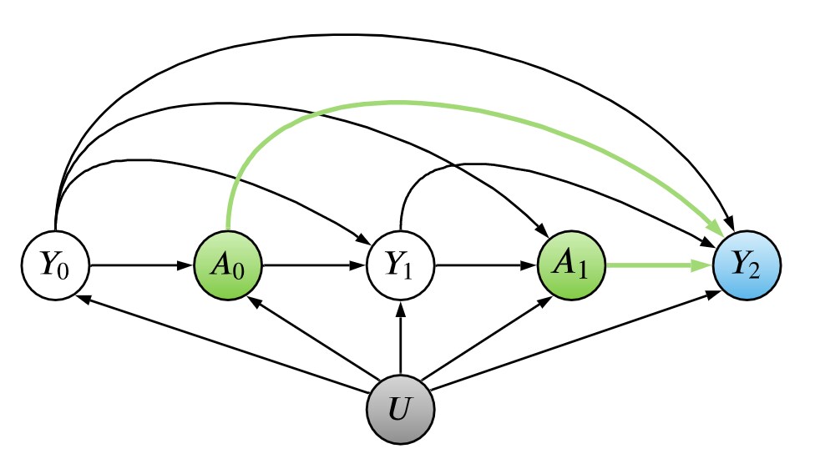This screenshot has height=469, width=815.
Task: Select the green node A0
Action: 227,266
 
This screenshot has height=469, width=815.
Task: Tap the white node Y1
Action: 401,266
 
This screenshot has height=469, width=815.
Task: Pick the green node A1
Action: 573,266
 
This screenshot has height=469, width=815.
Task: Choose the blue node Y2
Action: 747,266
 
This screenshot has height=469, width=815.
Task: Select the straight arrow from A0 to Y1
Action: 314,266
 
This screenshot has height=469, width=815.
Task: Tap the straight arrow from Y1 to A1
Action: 487,266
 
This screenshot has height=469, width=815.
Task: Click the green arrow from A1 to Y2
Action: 660,266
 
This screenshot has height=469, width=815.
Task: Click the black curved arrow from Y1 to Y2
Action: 534,166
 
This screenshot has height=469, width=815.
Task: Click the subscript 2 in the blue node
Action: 759,272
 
